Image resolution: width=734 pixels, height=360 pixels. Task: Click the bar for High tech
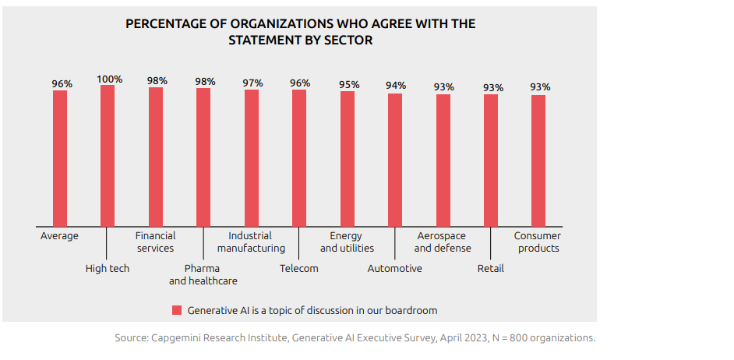coord(108,156)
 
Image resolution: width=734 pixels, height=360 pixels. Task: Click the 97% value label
coord(252,83)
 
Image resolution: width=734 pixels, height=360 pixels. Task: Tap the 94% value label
coord(396,86)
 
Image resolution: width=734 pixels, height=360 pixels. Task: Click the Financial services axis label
coord(155,242)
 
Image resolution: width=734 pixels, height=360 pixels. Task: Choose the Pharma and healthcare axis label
coord(203,274)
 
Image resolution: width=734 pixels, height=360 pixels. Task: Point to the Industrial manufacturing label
coord(251,242)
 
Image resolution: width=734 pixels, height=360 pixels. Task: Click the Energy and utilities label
coord(347,242)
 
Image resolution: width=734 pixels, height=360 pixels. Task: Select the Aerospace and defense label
coord(442,242)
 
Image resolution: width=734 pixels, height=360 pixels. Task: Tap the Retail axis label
coord(490,268)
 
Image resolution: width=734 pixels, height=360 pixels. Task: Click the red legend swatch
coord(177,310)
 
